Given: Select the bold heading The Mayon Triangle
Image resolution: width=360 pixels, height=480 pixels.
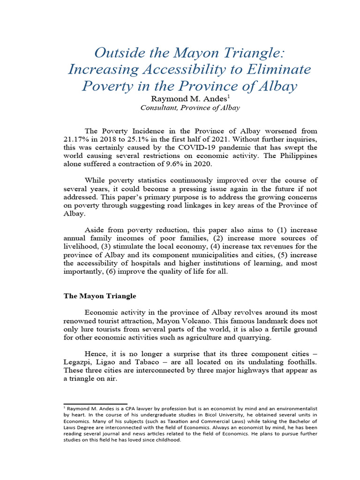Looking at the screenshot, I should (99, 296).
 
